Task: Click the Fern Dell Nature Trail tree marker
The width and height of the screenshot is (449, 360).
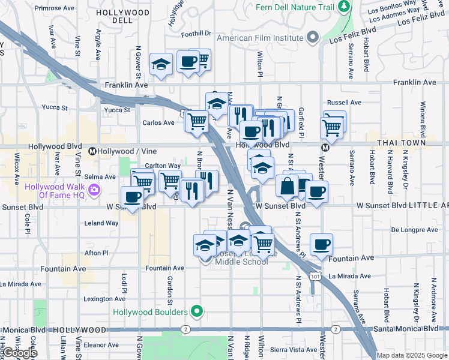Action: [x=344, y=7]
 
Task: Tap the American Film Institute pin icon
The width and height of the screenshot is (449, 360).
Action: [x=312, y=38]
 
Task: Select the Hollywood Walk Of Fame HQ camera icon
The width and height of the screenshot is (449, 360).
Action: [x=94, y=191]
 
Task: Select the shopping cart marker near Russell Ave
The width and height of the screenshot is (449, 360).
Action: [x=331, y=127]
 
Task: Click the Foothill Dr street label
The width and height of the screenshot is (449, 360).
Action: [x=199, y=34]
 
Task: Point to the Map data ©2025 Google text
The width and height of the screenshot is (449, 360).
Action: [x=411, y=355]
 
